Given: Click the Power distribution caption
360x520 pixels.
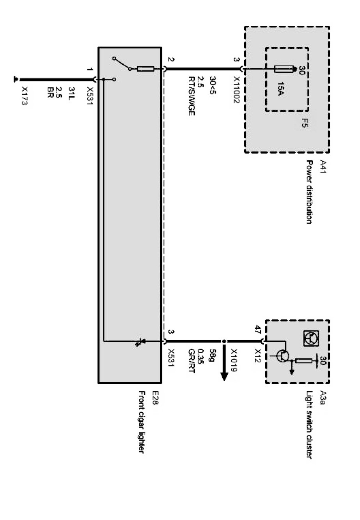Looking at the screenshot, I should [x=309, y=192].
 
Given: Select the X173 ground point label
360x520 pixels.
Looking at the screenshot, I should [x=25, y=96].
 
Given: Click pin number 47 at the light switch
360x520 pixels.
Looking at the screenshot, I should [x=258, y=330].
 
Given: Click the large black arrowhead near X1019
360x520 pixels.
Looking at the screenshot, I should [x=224, y=376].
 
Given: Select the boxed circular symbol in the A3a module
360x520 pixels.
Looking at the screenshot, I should [x=310, y=339].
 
